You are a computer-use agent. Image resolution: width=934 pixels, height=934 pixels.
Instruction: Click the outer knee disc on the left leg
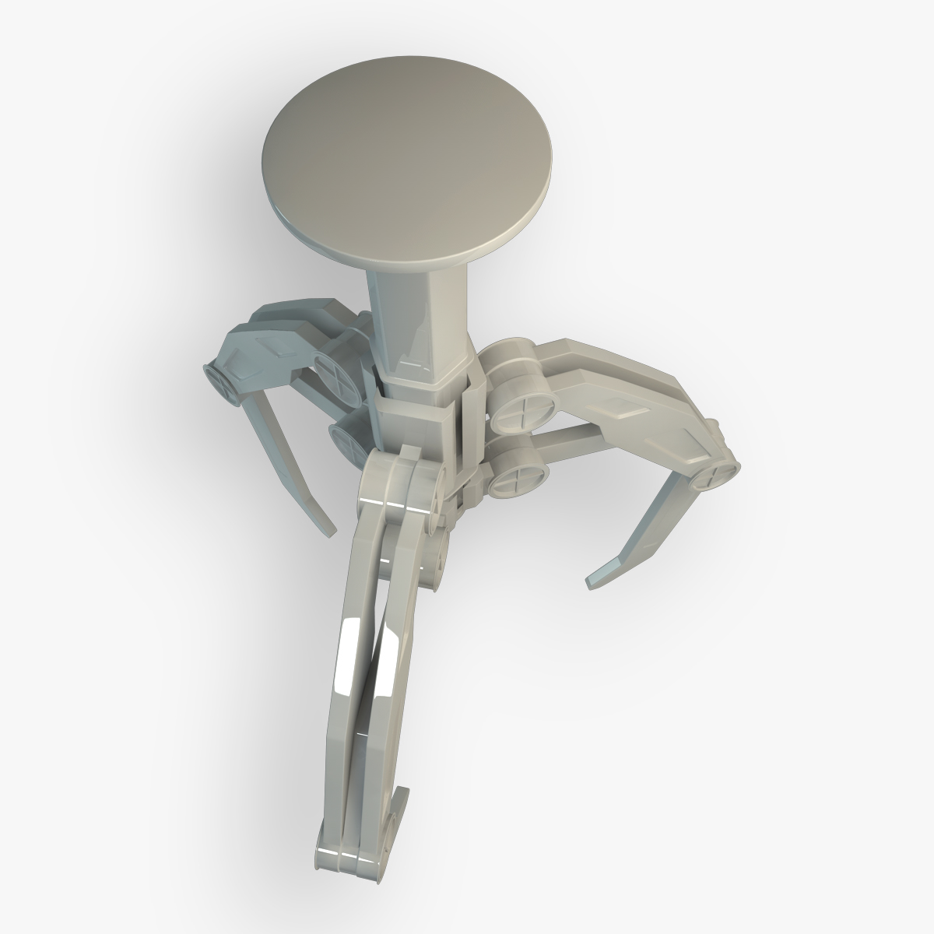point(221,381)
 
